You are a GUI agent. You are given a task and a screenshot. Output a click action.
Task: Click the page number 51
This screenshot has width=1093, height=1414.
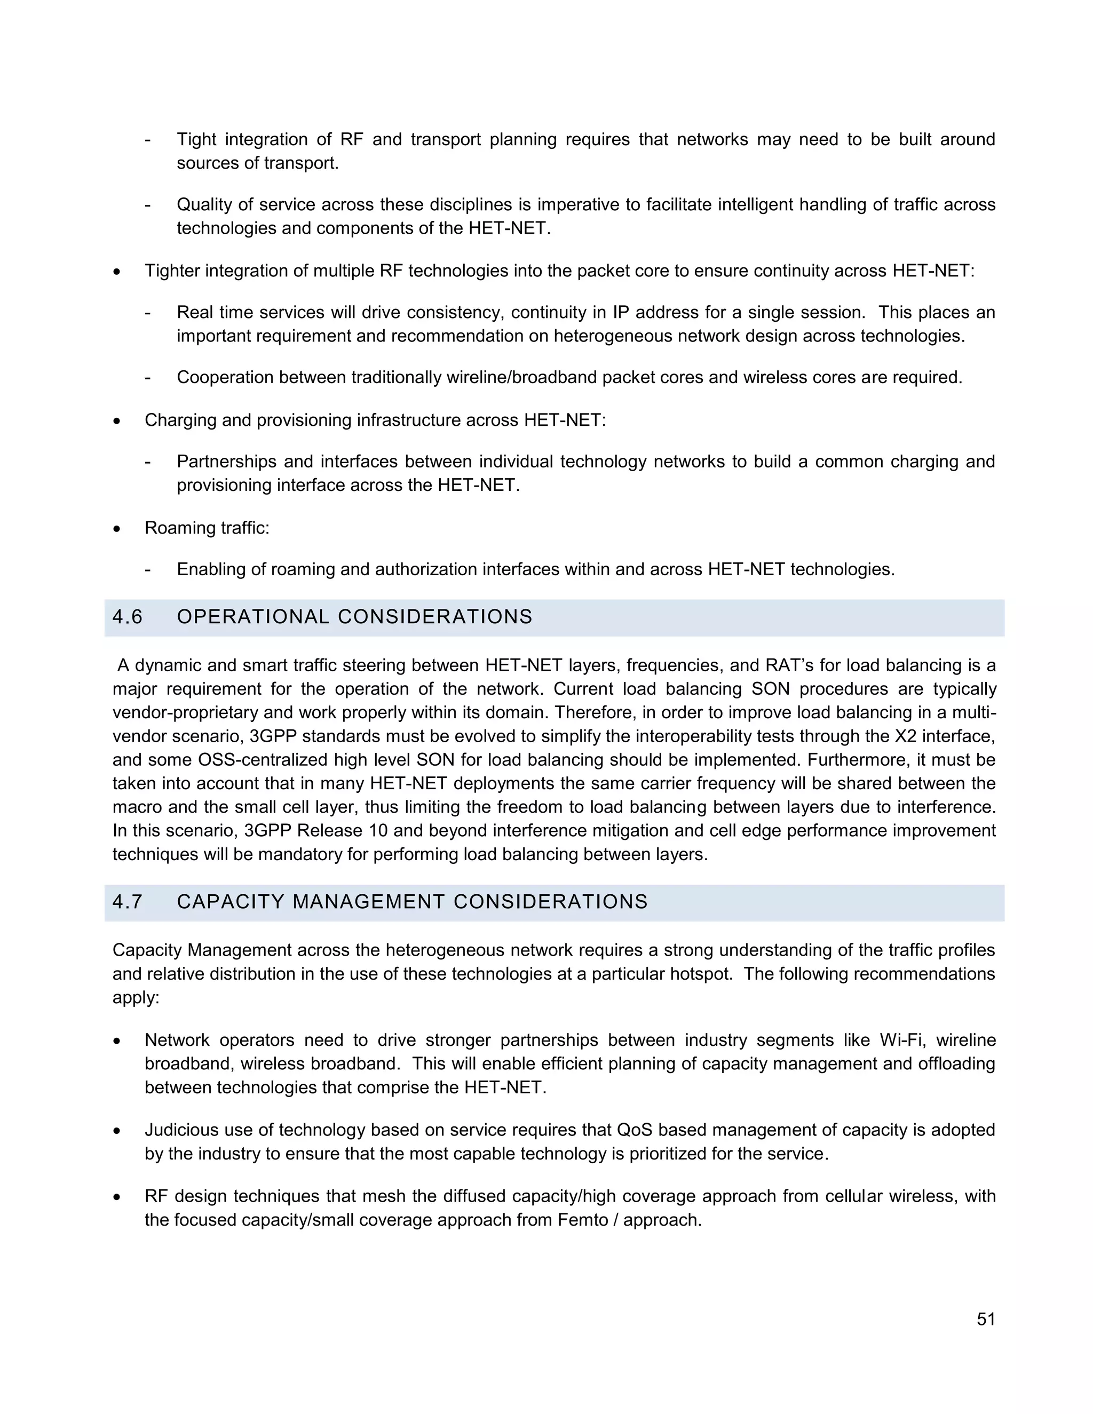tap(986, 1319)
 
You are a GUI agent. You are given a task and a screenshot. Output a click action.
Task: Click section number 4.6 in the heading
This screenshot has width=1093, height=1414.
tap(127, 617)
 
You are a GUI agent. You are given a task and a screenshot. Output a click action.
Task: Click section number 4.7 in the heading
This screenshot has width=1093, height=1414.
tap(127, 902)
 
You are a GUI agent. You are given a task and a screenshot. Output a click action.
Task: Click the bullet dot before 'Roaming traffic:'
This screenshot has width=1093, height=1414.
tap(116, 529)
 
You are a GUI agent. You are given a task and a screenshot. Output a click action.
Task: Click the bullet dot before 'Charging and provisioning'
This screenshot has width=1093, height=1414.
tap(116, 421)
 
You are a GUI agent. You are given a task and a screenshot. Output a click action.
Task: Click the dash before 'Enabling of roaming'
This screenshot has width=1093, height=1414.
tap(148, 570)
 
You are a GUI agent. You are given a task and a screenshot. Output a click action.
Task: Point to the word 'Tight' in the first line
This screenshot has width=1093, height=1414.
tap(196, 140)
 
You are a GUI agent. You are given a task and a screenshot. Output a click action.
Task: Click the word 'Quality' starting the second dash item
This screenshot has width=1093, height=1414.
tap(204, 205)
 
